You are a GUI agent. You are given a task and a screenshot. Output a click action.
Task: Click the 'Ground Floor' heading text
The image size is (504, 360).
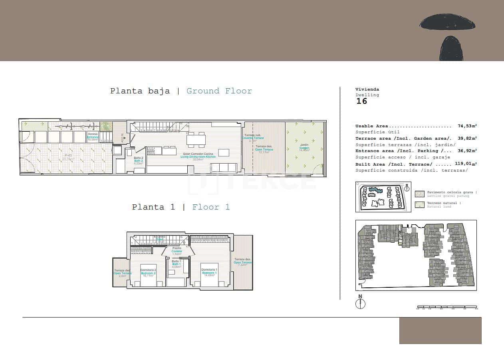[x=219, y=91]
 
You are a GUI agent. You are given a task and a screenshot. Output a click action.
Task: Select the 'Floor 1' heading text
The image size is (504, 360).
[x=211, y=207]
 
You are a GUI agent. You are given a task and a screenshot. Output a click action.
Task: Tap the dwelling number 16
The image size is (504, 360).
[x=361, y=101]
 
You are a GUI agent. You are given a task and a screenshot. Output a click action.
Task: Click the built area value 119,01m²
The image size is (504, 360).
[x=466, y=164]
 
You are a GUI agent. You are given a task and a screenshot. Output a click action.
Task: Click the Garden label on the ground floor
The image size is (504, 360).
[x=304, y=148]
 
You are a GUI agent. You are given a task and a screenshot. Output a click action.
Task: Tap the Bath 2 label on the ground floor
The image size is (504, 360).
[x=138, y=161]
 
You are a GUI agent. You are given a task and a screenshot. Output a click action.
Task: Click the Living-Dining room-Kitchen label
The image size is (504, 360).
[x=198, y=156]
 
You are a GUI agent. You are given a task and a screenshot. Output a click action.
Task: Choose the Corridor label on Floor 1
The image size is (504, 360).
[x=177, y=251]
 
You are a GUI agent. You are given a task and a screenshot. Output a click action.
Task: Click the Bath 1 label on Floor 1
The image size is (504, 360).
[x=176, y=264]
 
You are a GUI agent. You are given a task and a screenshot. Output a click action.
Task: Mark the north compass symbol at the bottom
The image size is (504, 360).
[x=360, y=303]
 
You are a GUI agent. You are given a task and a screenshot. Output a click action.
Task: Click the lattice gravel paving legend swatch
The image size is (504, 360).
[x=420, y=194]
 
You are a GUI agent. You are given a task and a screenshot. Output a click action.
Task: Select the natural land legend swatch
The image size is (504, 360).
[x=420, y=205]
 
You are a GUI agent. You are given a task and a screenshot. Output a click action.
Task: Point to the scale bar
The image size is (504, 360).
[x=447, y=308]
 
